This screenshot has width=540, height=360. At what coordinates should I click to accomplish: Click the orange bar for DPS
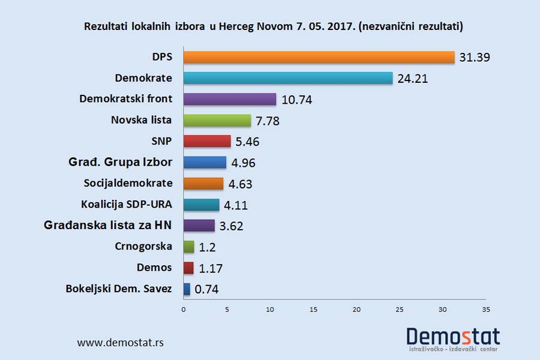tap(319, 57)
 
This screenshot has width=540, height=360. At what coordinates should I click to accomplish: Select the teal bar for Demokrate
tap(288, 78)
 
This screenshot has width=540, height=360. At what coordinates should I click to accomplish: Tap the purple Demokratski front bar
tap(230, 99)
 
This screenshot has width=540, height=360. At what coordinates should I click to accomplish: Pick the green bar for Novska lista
tap(217, 120)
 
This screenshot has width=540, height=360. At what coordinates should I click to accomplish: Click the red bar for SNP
tap(207, 142)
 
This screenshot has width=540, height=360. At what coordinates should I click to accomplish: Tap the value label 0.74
tap(206, 289)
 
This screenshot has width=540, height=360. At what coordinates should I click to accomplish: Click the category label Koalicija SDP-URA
tap(127, 204)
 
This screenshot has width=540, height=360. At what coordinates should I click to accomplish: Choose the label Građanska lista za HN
tap(108, 226)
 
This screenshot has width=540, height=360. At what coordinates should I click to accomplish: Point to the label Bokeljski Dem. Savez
tap(119, 289)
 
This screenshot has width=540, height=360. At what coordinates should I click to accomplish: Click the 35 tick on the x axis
tap(486, 310)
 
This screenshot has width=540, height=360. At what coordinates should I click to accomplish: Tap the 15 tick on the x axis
tap(313, 310)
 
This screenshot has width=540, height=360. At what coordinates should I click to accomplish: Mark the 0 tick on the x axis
tap(184, 310)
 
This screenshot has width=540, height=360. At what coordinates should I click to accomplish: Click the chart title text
tap(274, 27)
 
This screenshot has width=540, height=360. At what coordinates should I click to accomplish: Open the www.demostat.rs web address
tap(120, 343)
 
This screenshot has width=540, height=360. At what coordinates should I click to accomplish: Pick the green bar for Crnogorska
tap(189, 247)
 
